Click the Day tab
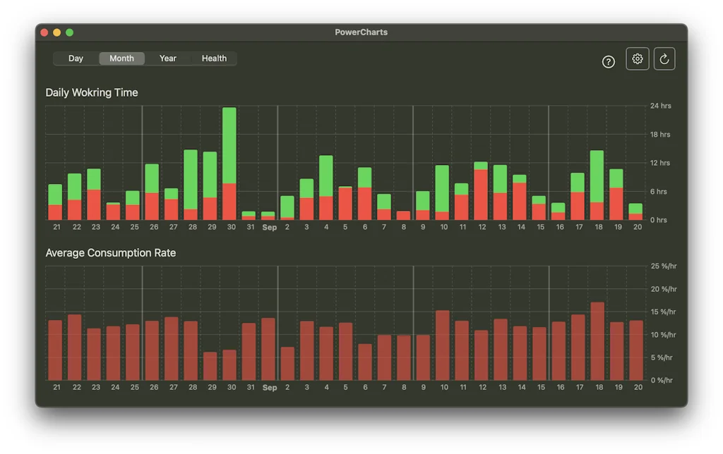pyautogui.click(x=76, y=59)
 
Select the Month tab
pyautogui.click(x=121, y=59)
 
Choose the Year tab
pyautogui.click(x=168, y=59)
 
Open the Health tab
pyautogui.click(x=214, y=59)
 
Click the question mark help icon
pyautogui.click(x=609, y=62)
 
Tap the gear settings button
pyautogui.click(x=638, y=59)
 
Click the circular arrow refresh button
pyautogui.click(x=664, y=59)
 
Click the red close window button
pyautogui.click(x=44, y=32)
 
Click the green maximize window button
pyautogui.click(x=69, y=32)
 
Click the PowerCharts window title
pyautogui.click(x=361, y=32)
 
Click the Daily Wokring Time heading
pyautogui.click(x=92, y=92)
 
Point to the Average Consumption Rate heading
pyautogui.click(x=111, y=252)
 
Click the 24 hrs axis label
pyautogui.click(x=660, y=106)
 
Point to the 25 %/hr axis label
pyautogui.click(x=663, y=266)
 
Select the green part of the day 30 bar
pyautogui.click(x=229, y=145)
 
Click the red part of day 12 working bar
pyautogui.click(x=481, y=195)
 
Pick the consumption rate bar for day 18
pyautogui.click(x=597, y=341)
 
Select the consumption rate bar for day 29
pyautogui.click(x=210, y=366)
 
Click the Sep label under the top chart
pyautogui.click(x=269, y=228)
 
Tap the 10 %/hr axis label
pyautogui.click(x=663, y=335)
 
